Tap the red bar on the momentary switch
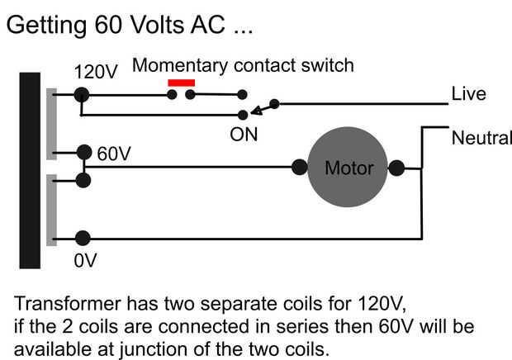[x=181, y=83]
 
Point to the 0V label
[x=85, y=261]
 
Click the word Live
[x=467, y=94]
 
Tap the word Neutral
[x=481, y=138]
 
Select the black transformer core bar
[x=30, y=170]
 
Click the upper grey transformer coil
[x=51, y=124]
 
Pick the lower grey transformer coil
[x=51, y=210]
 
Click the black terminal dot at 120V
[x=81, y=95]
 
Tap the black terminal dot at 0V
[x=83, y=239]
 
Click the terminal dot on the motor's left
[x=299, y=168]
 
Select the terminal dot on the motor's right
[x=397, y=168]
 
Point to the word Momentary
[x=170, y=64]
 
